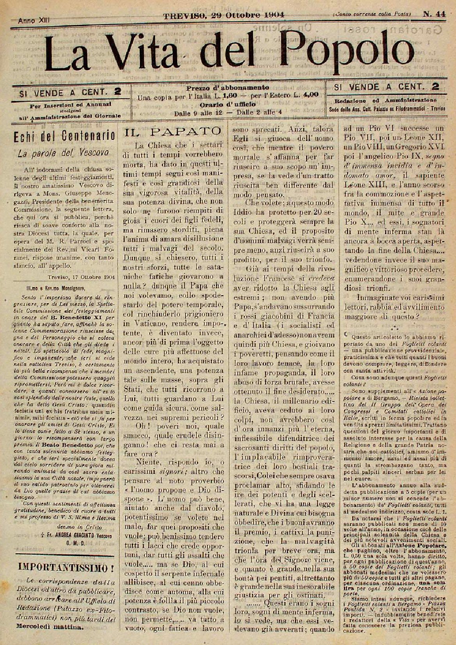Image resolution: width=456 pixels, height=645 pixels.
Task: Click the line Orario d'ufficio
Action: click(228, 104)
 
